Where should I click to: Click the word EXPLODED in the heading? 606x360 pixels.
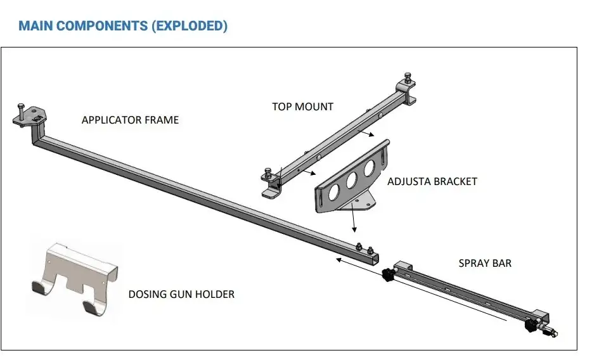[x=193, y=26]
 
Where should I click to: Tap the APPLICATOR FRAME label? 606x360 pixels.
[x=130, y=120]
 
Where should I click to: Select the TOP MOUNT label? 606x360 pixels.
[x=302, y=106]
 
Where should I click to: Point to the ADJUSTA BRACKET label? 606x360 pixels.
[x=432, y=181]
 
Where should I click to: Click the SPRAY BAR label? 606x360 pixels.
[x=485, y=263]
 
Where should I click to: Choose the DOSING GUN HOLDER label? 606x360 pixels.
[x=181, y=294]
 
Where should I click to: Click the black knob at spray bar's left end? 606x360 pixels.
[x=386, y=276]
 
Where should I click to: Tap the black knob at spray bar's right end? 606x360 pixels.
[x=531, y=326]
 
